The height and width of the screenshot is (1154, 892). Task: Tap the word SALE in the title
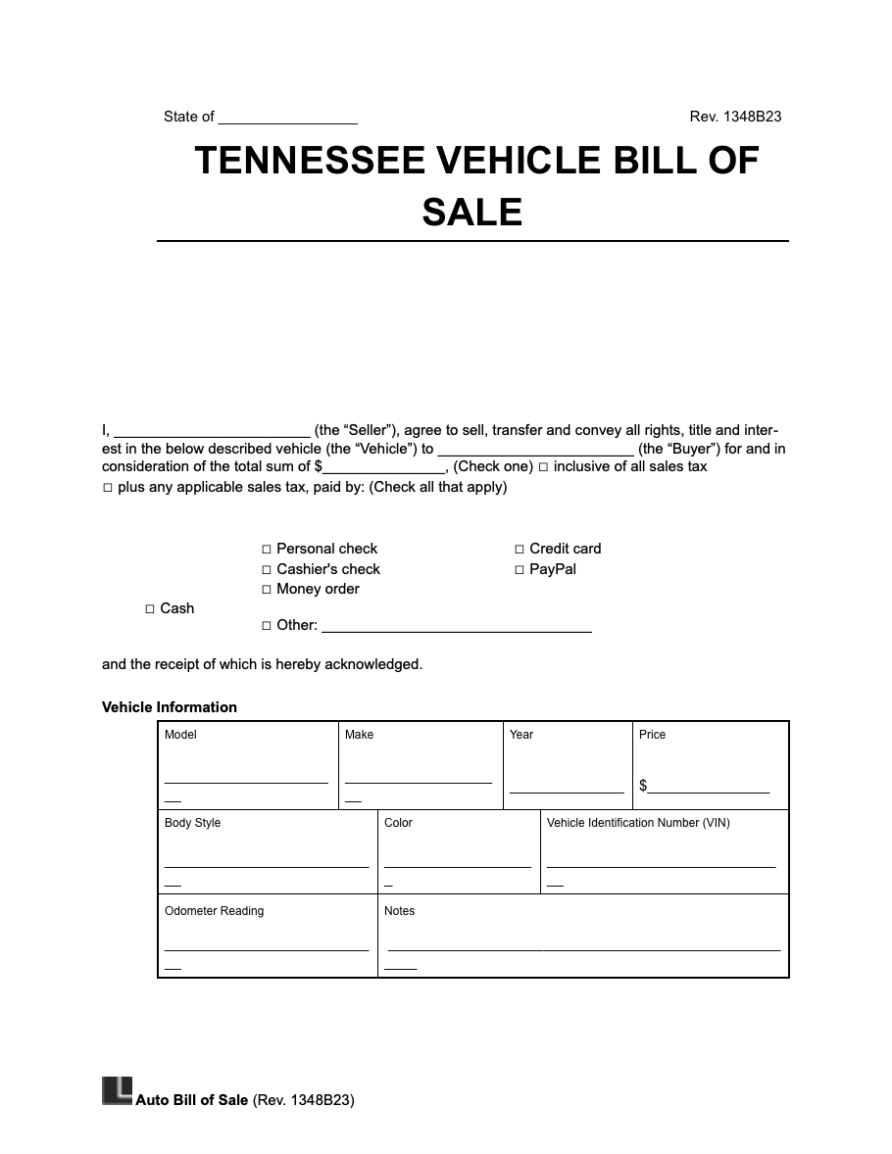[x=472, y=212]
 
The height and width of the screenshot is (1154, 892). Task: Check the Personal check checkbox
[x=267, y=550]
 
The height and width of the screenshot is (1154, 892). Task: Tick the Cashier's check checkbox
[x=267, y=570]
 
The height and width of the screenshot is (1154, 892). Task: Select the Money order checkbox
[x=267, y=590]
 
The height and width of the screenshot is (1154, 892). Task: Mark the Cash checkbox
[x=150, y=609]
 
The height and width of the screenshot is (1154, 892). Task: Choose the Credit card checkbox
[x=520, y=550]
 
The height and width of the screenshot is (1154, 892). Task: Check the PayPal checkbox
[x=520, y=570]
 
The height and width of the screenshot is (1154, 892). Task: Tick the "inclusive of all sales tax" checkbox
[x=543, y=467]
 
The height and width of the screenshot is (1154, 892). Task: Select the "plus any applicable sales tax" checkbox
[x=108, y=488]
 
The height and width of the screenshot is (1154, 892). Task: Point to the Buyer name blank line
[x=535, y=452]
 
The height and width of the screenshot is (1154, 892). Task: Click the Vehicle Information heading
[x=170, y=707]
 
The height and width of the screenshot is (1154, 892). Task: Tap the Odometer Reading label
[x=214, y=911]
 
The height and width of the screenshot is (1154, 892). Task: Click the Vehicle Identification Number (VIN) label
[x=638, y=823]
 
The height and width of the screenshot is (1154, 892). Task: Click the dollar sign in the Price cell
[x=643, y=786]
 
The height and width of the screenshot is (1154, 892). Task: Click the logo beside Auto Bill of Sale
[x=117, y=1091]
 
